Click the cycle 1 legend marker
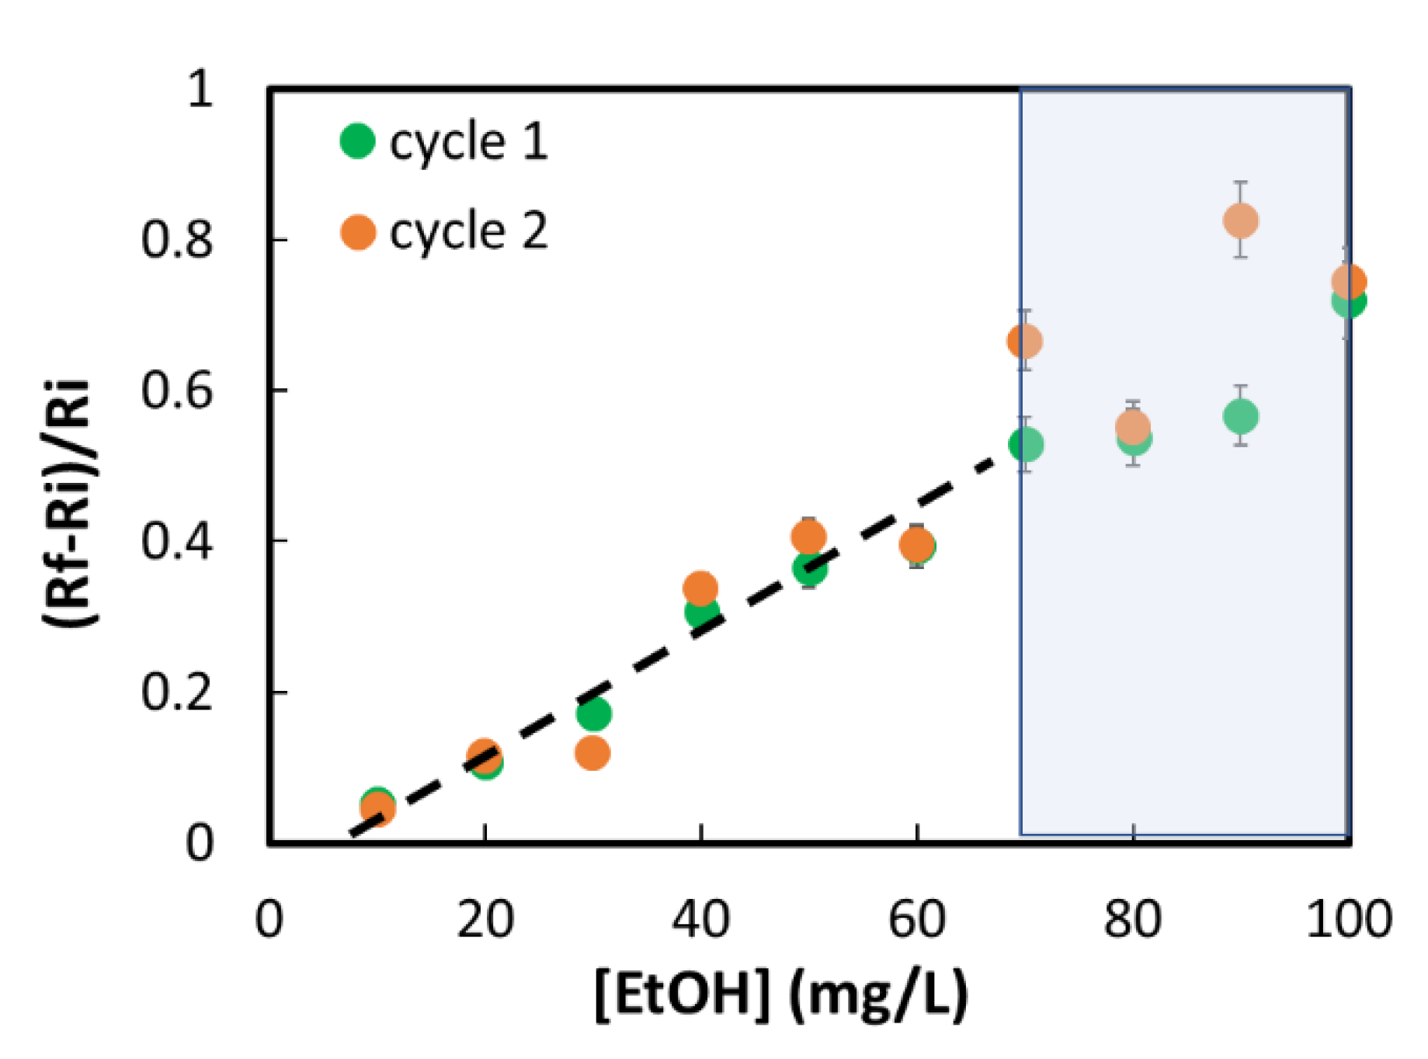coord(358,141)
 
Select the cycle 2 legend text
coord(468,231)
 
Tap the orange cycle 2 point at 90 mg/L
coord(1241,220)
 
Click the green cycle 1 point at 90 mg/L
coord(1241,417)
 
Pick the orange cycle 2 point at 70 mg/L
coord(1025,341)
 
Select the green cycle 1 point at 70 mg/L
coord(1026,445)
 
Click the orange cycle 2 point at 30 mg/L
coord(593,752)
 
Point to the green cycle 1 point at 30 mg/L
coord(593,714)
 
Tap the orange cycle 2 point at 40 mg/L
coord(700,589)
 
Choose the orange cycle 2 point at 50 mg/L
coord(808,536)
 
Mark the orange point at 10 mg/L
coord(378,809)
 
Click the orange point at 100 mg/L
coord(1349,281)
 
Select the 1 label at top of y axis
coord(200,89)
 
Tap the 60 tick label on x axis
coord(917,920)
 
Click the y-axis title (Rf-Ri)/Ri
coord(68,503)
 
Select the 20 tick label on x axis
coord(485,920)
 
